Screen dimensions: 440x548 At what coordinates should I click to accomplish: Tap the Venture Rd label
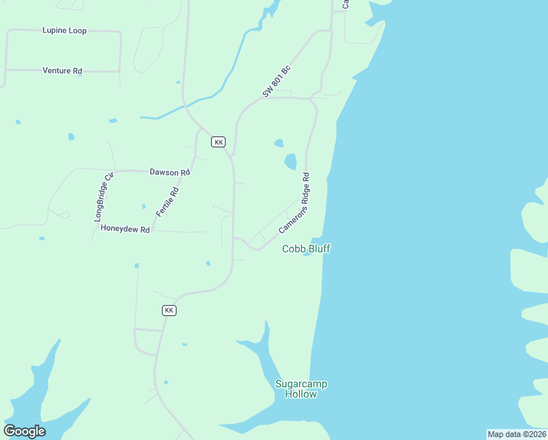62,71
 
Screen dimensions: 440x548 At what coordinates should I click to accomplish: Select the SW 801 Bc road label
277,81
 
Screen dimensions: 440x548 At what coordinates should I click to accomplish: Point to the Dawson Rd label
170,172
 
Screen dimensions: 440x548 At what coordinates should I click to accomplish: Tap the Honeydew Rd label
125,229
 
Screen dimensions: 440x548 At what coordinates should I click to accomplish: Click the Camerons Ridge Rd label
295,204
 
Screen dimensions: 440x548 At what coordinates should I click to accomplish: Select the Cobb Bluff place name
306,249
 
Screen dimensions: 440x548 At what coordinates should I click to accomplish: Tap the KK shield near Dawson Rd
218,142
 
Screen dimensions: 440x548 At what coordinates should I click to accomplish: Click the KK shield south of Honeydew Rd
169,310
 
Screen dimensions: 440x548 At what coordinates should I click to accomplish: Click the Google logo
24,431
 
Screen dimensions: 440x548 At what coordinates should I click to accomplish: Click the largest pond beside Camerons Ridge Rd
290,161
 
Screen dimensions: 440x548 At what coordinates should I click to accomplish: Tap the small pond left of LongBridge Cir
71,136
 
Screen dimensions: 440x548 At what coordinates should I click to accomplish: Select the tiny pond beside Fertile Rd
144,206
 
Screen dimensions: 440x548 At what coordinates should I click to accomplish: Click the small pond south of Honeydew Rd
136,265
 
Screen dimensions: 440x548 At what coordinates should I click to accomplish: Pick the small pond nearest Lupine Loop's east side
178,82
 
